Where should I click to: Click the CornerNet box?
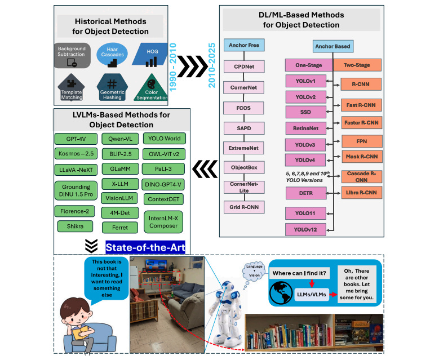coord(243,88)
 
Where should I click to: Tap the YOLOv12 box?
coord(305,229)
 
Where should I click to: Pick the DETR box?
coord(305,193)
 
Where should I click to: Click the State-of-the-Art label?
coord(145,246)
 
